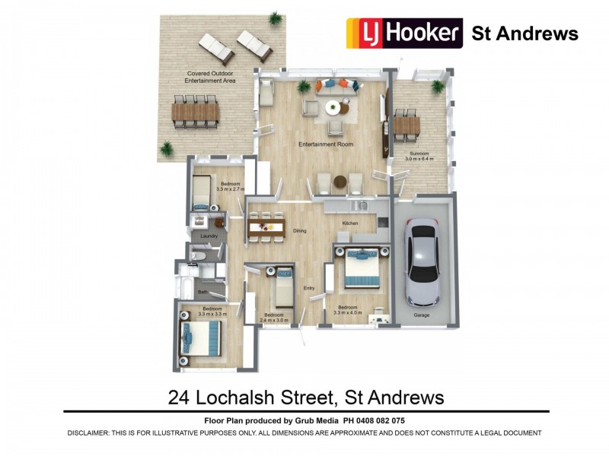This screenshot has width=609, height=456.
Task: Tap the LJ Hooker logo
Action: (404, 33)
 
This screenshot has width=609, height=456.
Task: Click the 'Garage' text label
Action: (422, 314)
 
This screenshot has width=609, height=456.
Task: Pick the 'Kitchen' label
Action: (350, 223)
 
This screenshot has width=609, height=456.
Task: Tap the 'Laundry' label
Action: (209, 236)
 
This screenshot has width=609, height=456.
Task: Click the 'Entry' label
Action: (309, 288)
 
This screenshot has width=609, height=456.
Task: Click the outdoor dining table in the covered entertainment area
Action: (196, 113)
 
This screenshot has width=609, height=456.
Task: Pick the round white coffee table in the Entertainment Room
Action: (333, 108)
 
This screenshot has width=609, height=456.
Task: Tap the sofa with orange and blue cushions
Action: (334, 86)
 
